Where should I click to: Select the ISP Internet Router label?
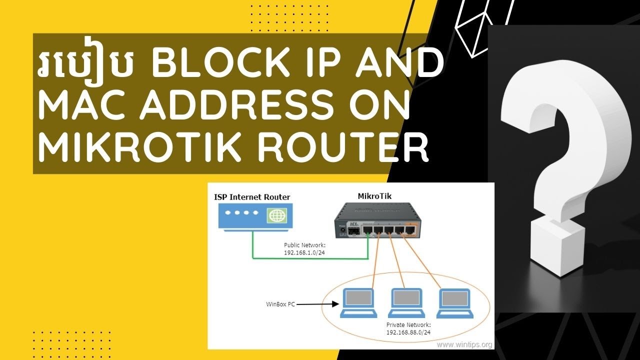coord(252,197)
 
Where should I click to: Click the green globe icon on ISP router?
coord(275,215)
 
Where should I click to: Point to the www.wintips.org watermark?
coord(464,344)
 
